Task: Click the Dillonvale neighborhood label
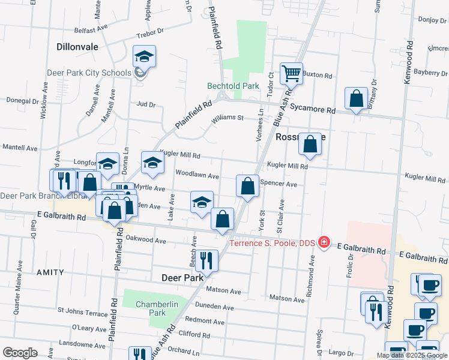pyautogui.click(x=77, y=46)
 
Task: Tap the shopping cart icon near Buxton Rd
pyautogui.click(x=291, y=74)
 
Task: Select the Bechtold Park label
pyautogui.click(x=233, y=86)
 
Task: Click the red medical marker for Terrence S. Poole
pyautogui.click(x=324, y=242)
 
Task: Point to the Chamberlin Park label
pyautogui.click(x=158, y=308)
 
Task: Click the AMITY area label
pyautogui.click(x=50, y=272)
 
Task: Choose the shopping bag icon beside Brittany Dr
pyautogui.click(x=357, y=98)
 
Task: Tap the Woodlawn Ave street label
pyautogui.click(x=195, y=173)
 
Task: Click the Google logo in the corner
pyautogui.click(x=20, y=352)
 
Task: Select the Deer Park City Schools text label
pyautogui.click(x=89, y=73)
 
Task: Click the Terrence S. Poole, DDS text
pyautogui.click(x=273, y=243)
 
